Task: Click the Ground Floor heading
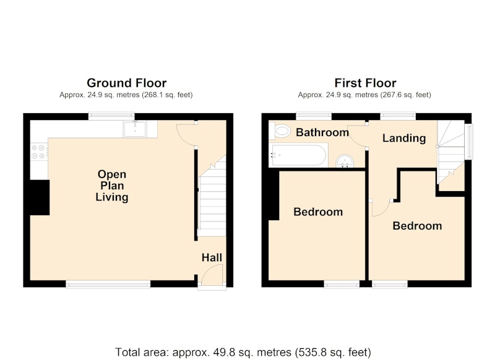[127, 83]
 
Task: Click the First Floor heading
[365, 83]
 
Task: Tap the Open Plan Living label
[112, 186]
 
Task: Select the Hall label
[212, 257]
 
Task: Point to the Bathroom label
[322, 132]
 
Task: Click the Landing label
[404, 138]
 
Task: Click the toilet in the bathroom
[280, 131]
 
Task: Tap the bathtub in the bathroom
[298, 155]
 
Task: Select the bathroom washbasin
[345, 161]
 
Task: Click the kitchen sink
[135, 129]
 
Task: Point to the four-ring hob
[39, 152]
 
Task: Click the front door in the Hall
[212, 276]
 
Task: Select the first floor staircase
[450, 152]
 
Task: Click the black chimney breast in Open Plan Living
[40, 197]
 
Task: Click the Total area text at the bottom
[243, 352]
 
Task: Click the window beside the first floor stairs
[470, 142]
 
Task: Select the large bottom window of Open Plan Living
[108, 285]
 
